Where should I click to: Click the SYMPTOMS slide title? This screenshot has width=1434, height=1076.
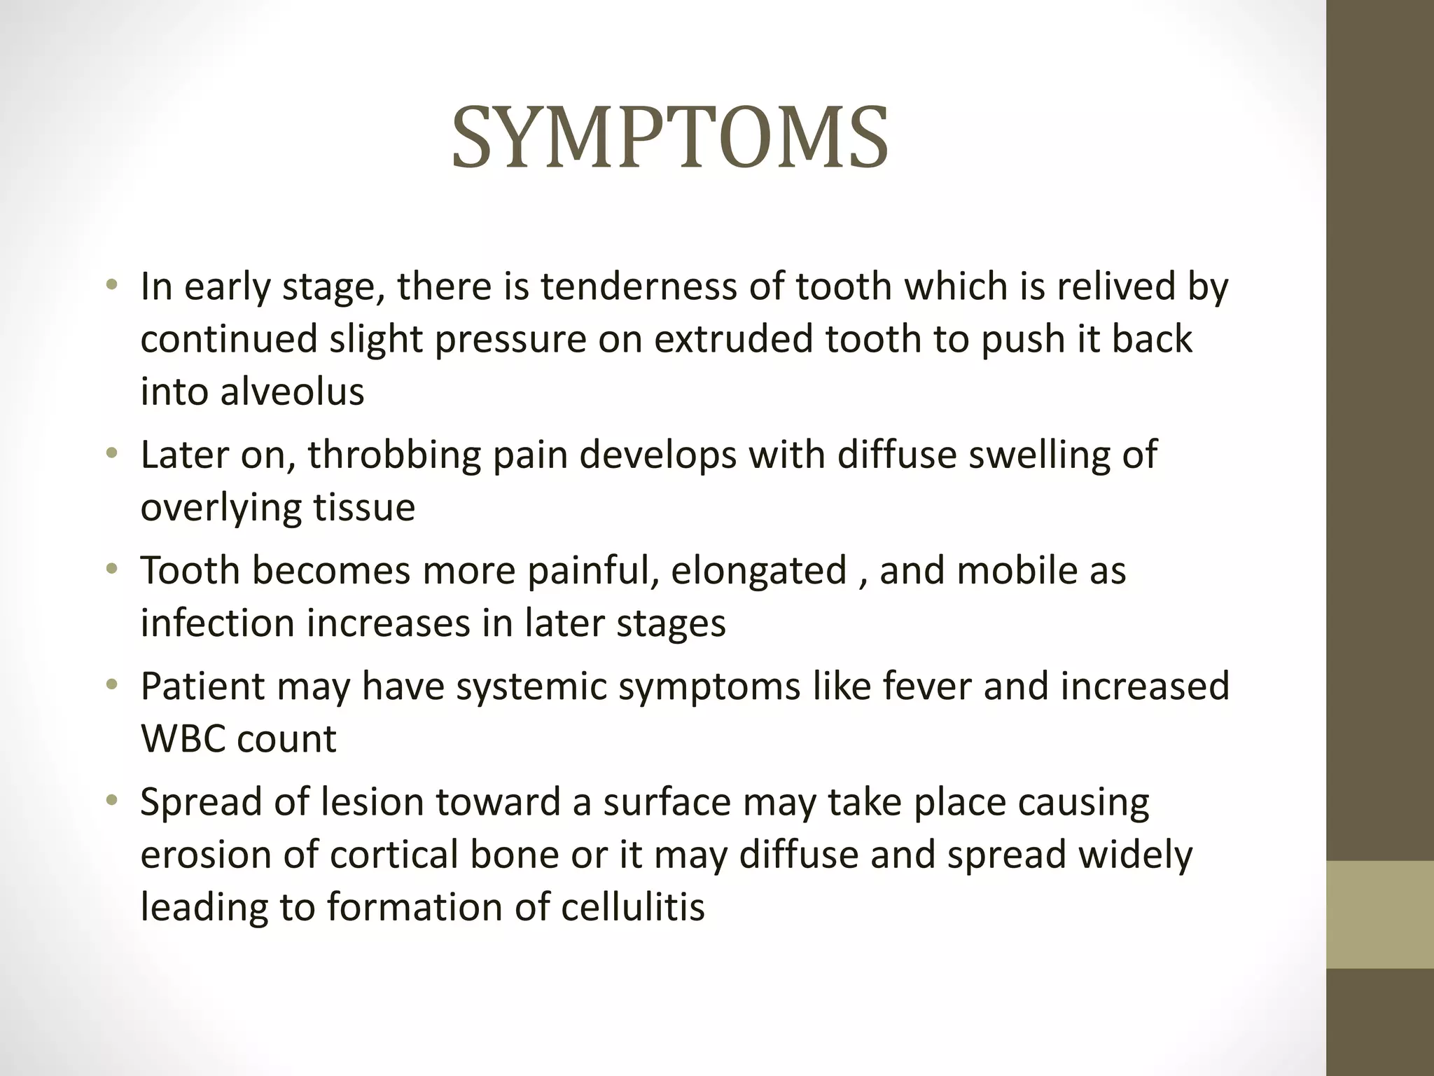(670, 139)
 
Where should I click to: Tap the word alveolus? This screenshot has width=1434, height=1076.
(293, 391)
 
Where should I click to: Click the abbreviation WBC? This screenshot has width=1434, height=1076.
(182, 738)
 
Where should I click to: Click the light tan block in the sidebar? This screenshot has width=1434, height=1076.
(1379, 913)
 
